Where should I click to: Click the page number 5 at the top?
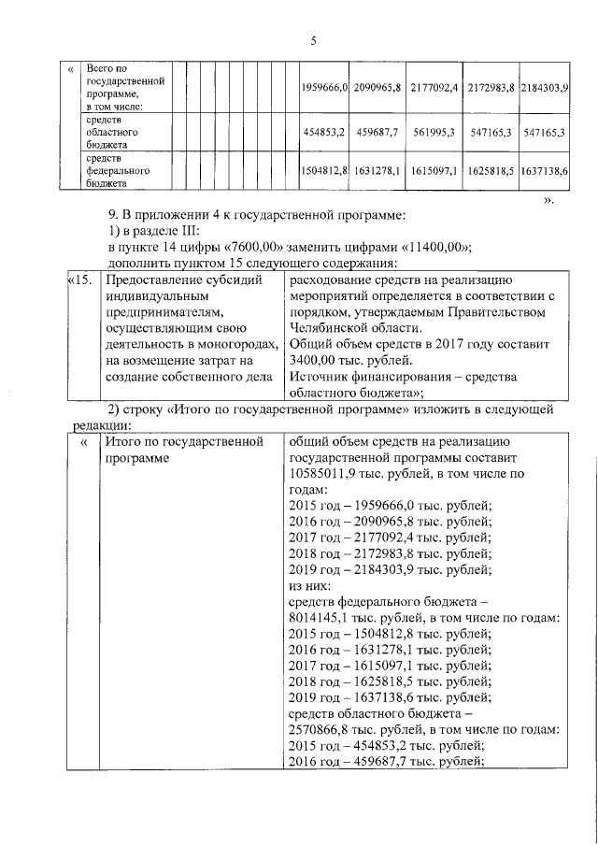(313, 40)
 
